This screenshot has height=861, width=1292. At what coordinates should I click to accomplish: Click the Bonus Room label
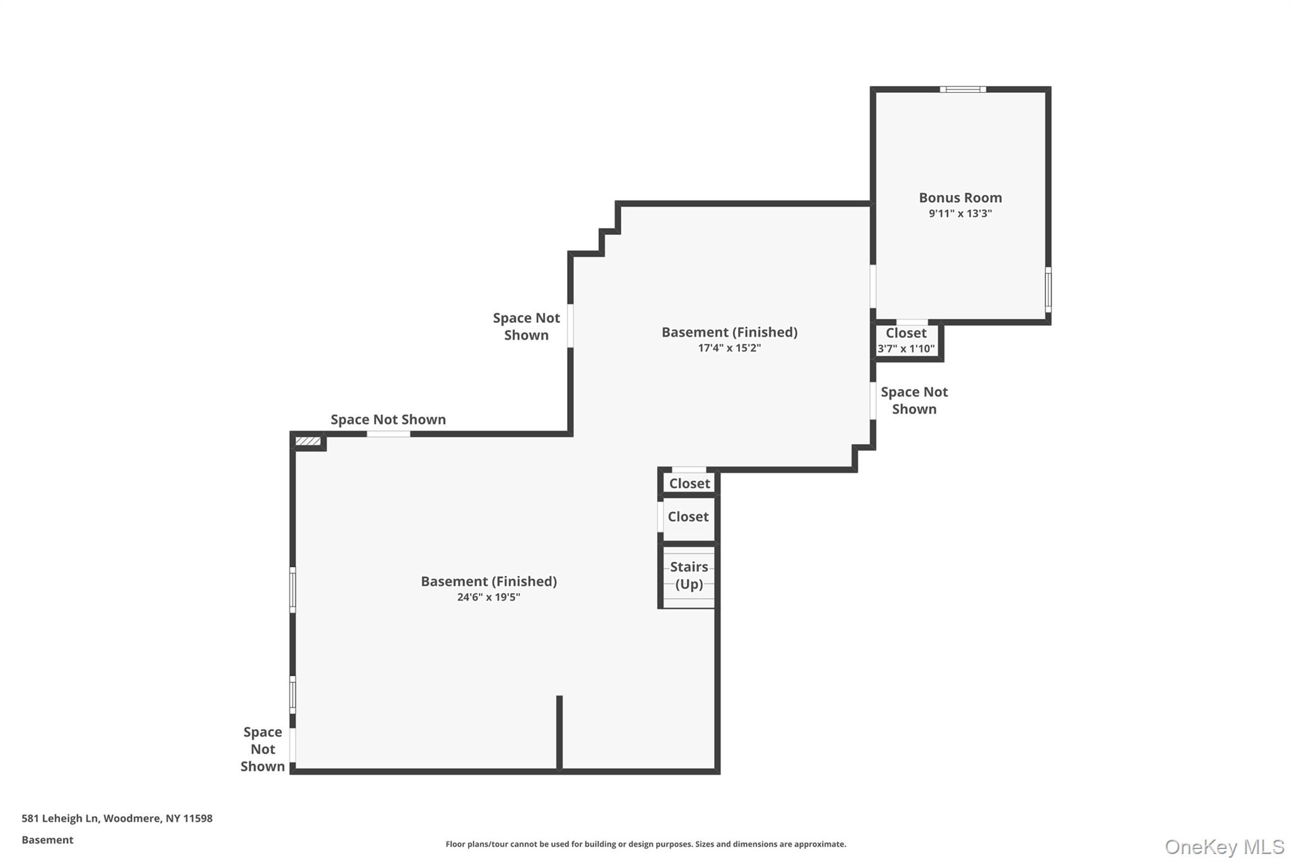coord(960,197)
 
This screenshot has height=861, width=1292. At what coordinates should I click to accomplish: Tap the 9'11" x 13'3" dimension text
coord(960,213)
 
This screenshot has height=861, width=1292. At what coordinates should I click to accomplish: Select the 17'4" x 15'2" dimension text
coord(729,348)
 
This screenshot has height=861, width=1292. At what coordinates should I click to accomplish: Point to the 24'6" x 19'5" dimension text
coord(488,597)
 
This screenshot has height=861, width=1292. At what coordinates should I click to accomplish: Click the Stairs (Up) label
coord(689,575)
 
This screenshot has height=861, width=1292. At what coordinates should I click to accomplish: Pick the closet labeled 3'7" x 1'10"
coord(906,341)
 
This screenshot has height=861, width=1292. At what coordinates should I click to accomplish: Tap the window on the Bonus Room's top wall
coord(963,90)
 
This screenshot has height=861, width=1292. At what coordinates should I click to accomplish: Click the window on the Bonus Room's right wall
coord(1048,289)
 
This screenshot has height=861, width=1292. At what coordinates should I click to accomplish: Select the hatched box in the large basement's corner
coord(308,441)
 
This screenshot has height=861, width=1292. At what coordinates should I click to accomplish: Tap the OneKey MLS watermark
coord(1224,846)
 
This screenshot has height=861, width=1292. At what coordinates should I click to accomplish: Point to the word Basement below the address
coord(47,840)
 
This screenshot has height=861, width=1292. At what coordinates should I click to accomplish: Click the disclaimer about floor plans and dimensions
coord(645,844)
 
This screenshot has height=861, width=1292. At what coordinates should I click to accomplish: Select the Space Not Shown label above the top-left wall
coord(388,419)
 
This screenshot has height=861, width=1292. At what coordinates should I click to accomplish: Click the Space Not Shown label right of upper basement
coord(913,400)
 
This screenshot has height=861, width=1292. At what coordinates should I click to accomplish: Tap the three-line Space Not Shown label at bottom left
coord(262,749)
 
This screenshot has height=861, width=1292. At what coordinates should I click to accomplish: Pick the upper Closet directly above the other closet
coord(689,483)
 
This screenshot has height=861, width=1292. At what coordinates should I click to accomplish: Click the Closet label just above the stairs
coord(688,517)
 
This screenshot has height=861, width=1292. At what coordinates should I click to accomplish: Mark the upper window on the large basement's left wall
coord(293,590)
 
